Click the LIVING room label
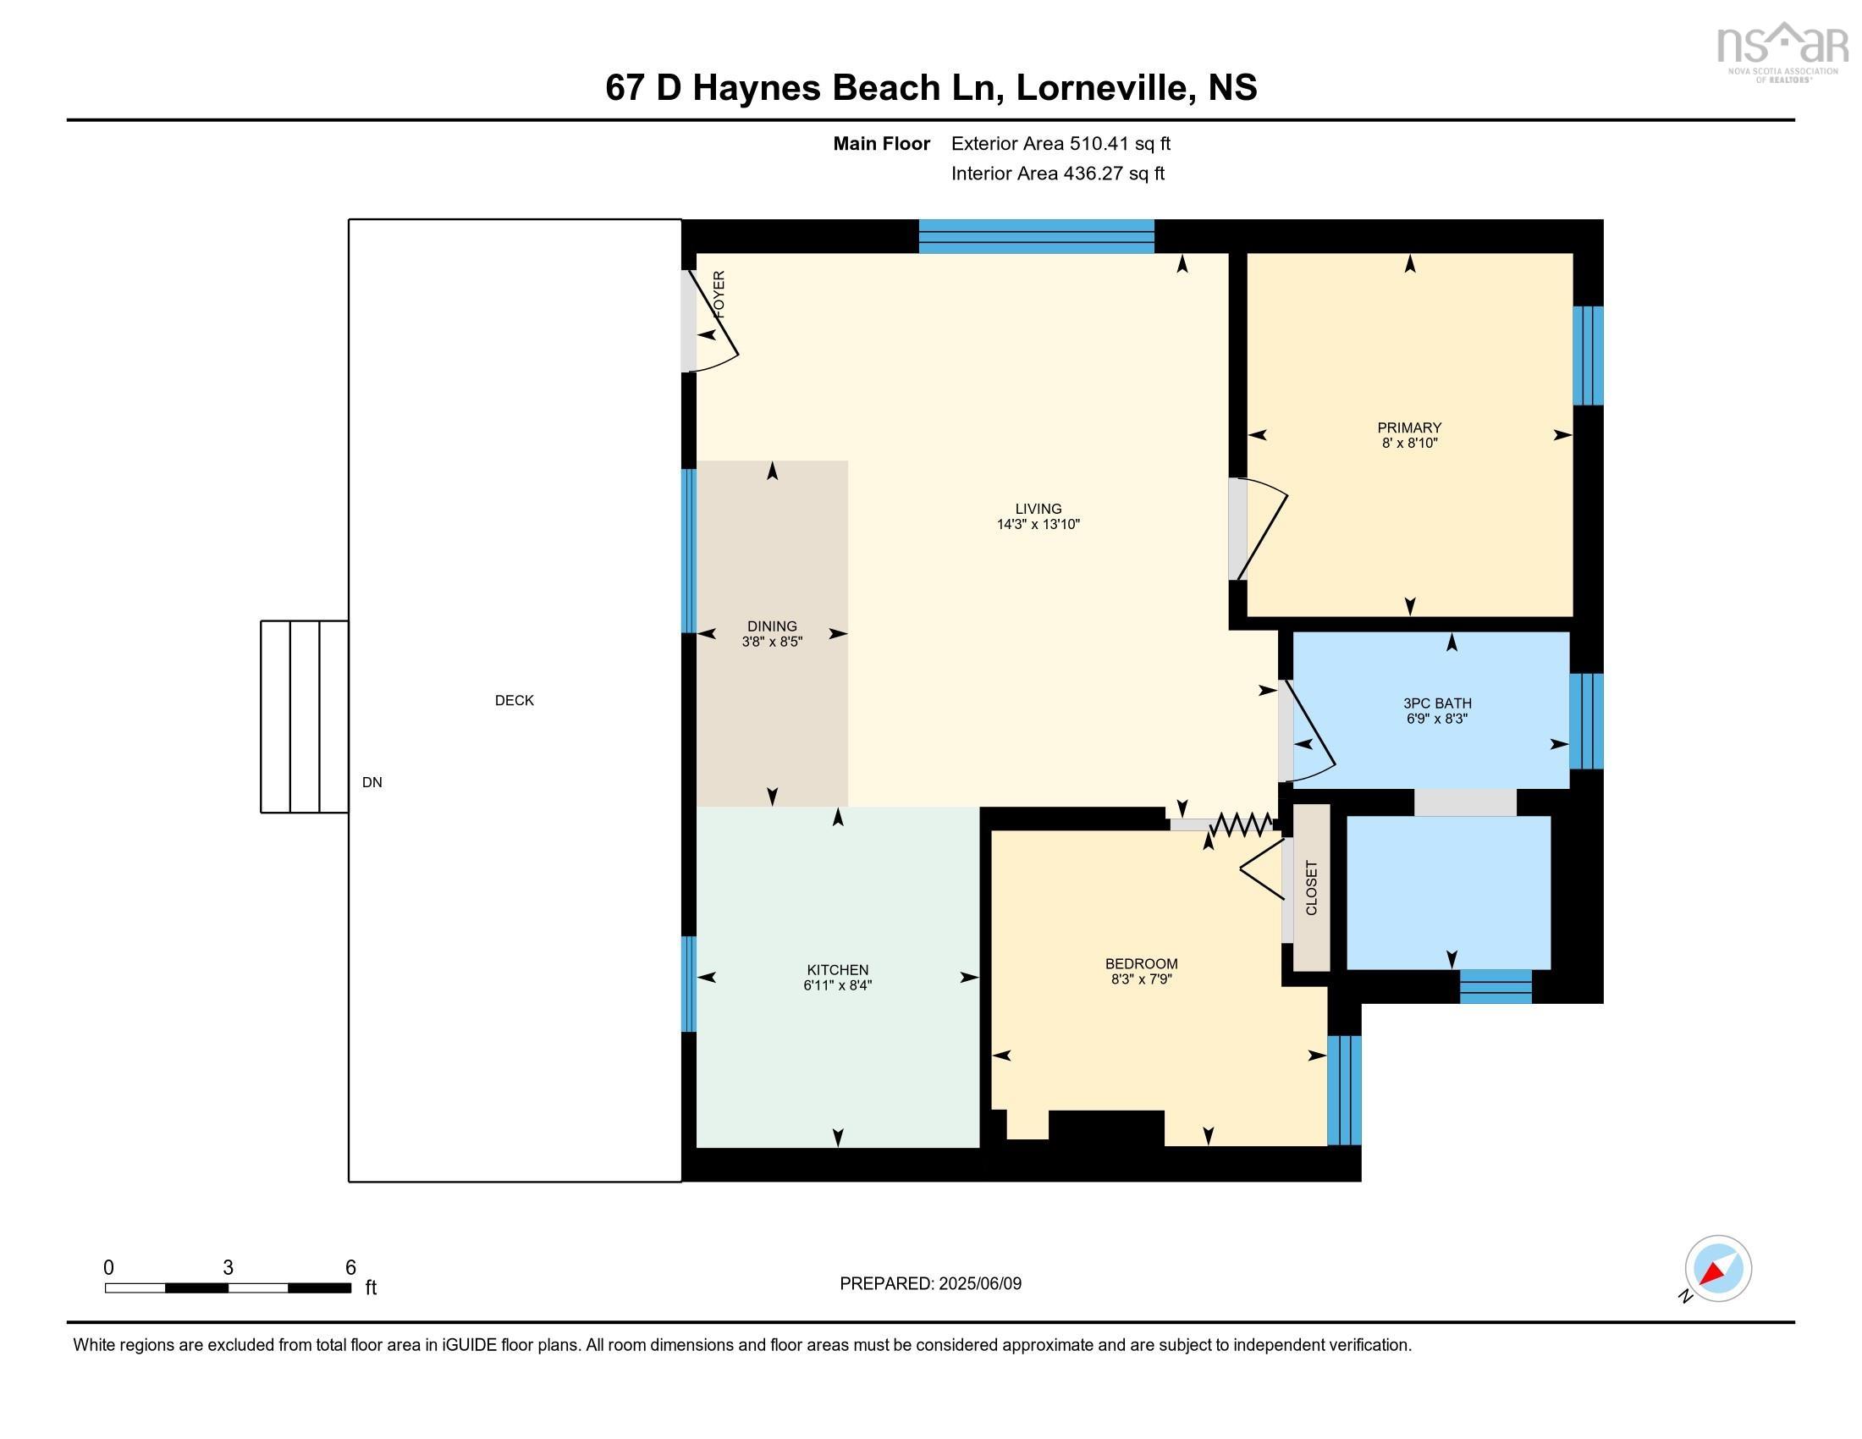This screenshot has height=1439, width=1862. [1038, 509]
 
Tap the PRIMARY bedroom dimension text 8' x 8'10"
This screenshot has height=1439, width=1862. [1409, 444]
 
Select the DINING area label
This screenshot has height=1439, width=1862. [772, 626]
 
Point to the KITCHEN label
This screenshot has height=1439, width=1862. [837, 969]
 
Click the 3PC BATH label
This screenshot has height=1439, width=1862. [1436, 703]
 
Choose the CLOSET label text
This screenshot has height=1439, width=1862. [1311, 887]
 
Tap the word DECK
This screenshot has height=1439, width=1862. [514, 700]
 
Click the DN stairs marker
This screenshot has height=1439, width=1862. [372, 782]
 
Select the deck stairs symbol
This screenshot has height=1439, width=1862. [304, 716]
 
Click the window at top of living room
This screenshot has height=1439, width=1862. [1036, 236]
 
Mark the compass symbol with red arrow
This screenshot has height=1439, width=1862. [1717, 1268]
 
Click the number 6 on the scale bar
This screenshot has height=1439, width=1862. [350, 1267]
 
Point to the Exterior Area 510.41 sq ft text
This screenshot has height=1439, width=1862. [1060, 143]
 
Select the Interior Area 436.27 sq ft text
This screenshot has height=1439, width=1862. [1057, 173]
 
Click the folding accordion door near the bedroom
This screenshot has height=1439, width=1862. [1241, 824]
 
